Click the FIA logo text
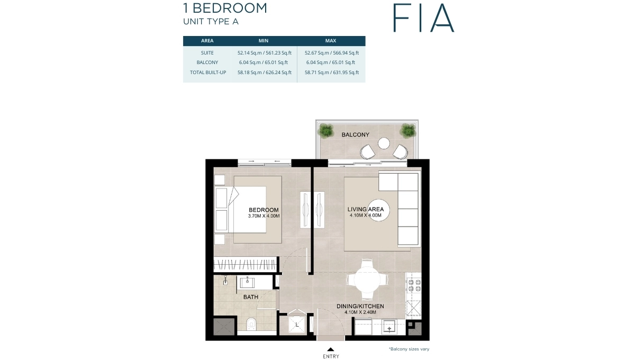[x=423, y=18]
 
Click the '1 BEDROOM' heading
[x=225, y=8]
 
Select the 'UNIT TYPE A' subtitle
[x=211, y=22]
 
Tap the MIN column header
[x=264, y=41]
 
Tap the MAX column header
[x=331, y=41]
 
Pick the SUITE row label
[x=207, y=53]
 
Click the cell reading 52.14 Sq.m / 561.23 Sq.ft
[x=265, y=53]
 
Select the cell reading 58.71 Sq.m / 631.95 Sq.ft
[x=332, y=73]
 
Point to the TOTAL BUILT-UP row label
[x=208, y=73]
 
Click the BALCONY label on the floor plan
[x=355, y=135]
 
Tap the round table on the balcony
[x=384, y=143]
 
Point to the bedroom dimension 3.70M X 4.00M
[x=264, y=216]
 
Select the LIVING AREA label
[x=366, y=210]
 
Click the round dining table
[x=366, y=278]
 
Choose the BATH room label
[x=251, y=297]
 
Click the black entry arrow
[x=330, y=349]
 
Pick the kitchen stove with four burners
[x=414, y=285]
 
